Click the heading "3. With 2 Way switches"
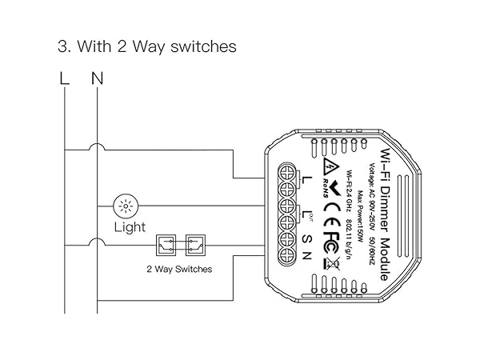pos(147,46)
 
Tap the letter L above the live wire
pos(65,78)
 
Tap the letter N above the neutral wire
pos(98,78)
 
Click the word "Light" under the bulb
pos(129,227)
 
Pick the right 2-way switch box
pos(195,244)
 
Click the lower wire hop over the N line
pos(97,243)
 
